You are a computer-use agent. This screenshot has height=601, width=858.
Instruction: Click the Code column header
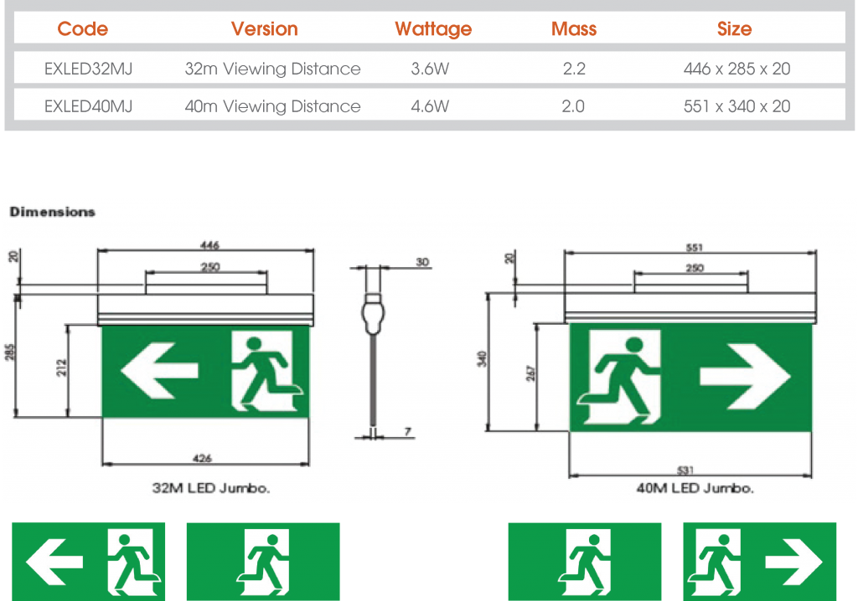point(82,29)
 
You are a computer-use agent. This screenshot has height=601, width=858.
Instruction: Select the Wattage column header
point(433,29)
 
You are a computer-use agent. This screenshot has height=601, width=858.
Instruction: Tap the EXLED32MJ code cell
point(88,69)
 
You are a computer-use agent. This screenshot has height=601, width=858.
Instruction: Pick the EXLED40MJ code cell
point(88,106)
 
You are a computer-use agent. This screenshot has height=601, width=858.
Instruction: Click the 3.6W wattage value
point(430,69)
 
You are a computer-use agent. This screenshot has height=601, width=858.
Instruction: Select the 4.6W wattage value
point(430,106)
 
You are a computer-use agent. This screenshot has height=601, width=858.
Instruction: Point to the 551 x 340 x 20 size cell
point(737,106)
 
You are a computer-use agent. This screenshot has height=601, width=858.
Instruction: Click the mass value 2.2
point(574,69)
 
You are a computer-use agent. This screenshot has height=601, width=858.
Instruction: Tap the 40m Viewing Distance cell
point(272,106)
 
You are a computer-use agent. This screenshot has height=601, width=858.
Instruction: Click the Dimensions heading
point(53,213)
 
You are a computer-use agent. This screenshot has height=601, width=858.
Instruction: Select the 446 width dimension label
point(209,245)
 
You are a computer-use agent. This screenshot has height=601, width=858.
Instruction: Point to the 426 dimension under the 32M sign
point(203,458)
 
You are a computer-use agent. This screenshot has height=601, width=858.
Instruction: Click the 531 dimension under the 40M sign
point(694,470)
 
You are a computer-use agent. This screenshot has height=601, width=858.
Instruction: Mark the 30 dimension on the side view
point(422,262)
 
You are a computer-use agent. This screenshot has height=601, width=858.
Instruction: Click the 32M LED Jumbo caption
point(211,488)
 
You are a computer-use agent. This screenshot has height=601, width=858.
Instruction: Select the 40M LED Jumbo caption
point(694,488)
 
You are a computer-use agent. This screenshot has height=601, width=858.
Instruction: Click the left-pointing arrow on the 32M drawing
point(159,370)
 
